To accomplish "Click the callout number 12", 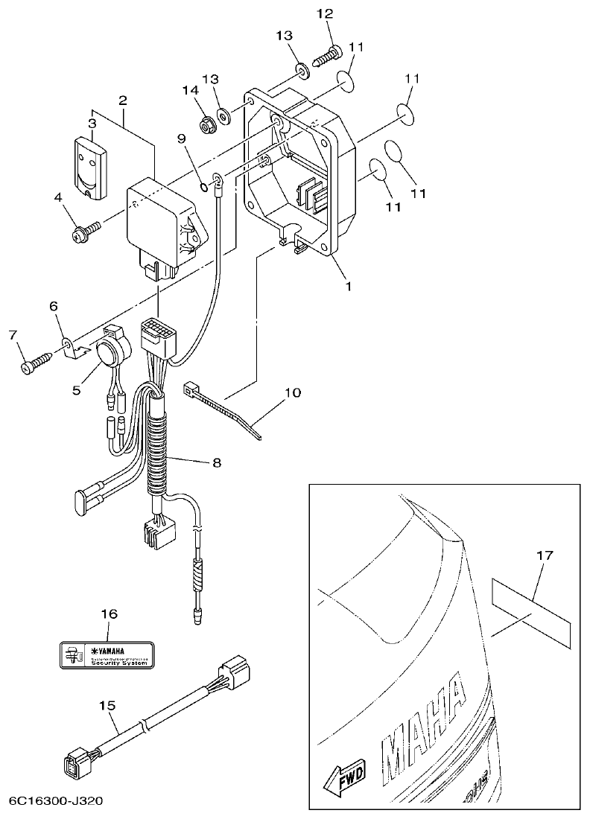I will pos(326,13).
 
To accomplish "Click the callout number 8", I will pos(217,462).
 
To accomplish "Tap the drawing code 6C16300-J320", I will pos(56,802).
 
